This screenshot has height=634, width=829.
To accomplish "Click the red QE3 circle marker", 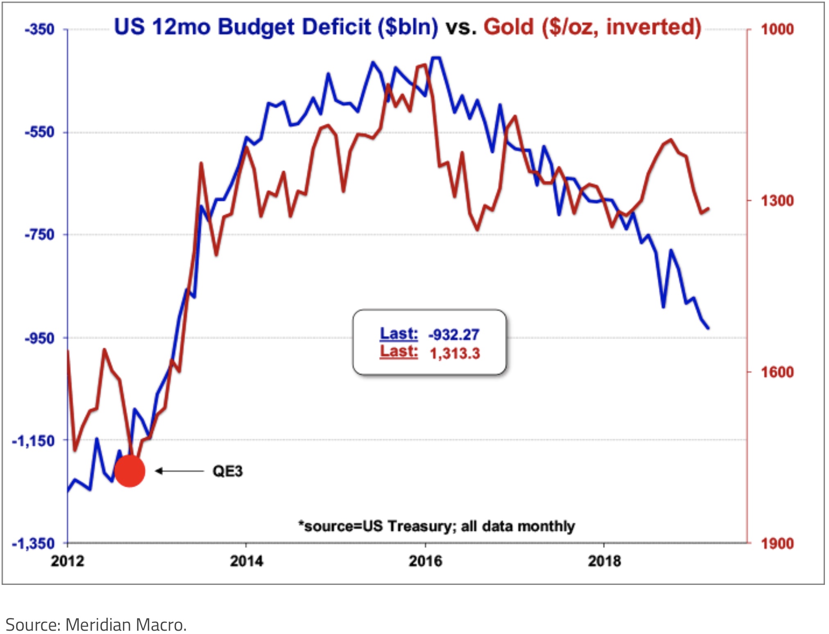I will pyautogui.click(x=130, y=471).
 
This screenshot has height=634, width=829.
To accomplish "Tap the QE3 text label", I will pyautogui.click(x=228, y=471).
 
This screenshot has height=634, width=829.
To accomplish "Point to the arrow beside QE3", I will pyautogui.click(x=179, y=471).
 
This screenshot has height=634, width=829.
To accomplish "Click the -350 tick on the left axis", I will pyautogui.click(x=39, y=29).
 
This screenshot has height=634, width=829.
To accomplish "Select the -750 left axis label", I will pyautogui.click(x=39, y=235).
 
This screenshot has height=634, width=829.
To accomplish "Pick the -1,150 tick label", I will pyautogui.click(x=34, y=441).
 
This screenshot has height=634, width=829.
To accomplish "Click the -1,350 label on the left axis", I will pyautogui.click(x=34, y=544).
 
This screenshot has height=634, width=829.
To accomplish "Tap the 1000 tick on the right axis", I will pyautogui.click(x=777, y=29).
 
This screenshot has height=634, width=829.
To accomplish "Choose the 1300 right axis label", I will pyautogui.click(x=777, y=201).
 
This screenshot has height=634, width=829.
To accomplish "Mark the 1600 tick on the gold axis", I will pyautogui.click(x=777, y=372).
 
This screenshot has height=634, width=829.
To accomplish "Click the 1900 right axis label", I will pyautogui.click(x=777, y=544).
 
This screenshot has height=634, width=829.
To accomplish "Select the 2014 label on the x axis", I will pyautogui.click(x=247, y=561).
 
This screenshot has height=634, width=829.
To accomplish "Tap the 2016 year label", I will pyautogui.click(x=426, y=561).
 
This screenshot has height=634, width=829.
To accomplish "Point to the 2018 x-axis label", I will pyautogui.click(x=605, y=561).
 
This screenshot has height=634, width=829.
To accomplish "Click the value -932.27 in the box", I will pyautogui.click(x=454, y=335).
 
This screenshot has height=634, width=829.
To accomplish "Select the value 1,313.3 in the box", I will pyautogui.click(x=455, y=353).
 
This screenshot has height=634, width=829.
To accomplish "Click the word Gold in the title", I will pyautogui.click(x=509, y=27).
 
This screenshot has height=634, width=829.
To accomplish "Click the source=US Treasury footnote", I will pyautogui.click(x=437, y=526).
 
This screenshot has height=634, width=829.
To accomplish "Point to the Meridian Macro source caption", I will pyautogui.click(x=96, y=625).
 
